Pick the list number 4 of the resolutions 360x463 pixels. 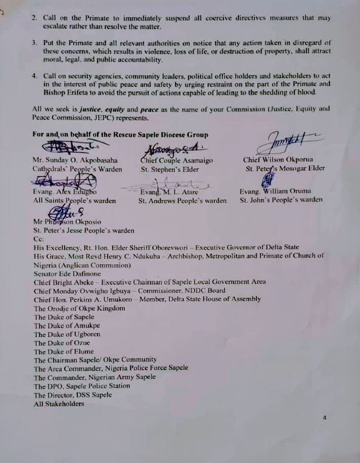(x=34, y=75)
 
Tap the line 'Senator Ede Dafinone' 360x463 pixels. (x=67, y=273)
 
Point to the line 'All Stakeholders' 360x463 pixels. (x=59, y=404)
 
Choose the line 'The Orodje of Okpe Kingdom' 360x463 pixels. (x=79, y=308)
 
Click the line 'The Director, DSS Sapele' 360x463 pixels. (x=72, y=395)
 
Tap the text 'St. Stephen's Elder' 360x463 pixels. (x=170, y=169)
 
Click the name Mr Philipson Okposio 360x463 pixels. (x=67, y=221)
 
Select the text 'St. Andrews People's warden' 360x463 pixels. (x=183, y=201)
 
